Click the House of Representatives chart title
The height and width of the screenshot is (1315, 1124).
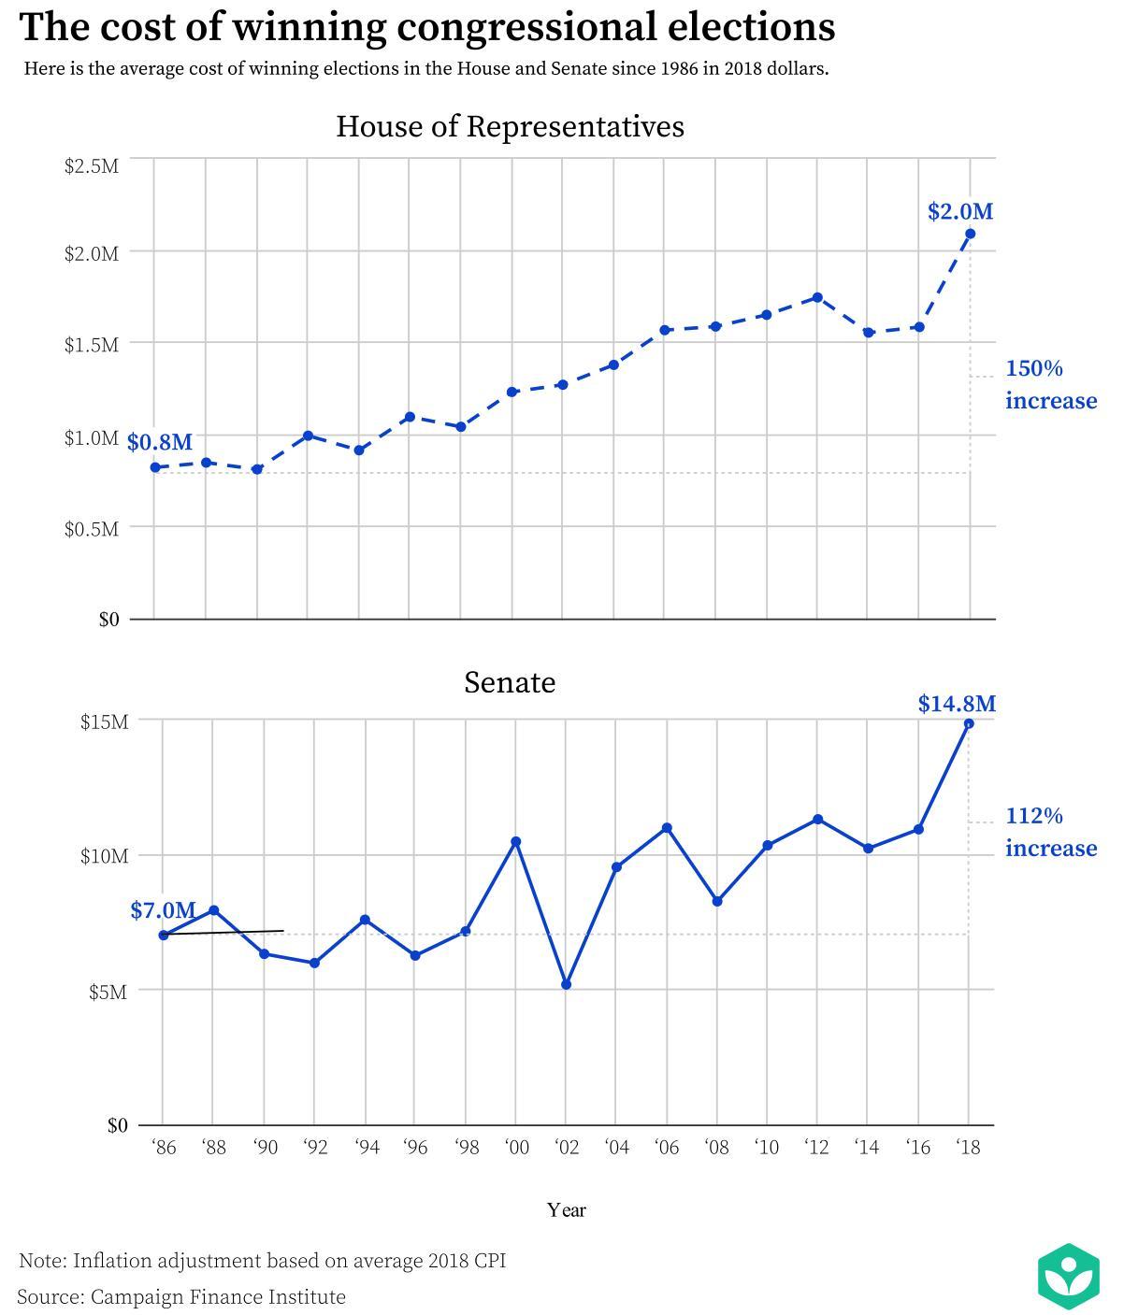tap(510, 126)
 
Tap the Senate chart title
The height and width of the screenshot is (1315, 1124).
tap(510, 682)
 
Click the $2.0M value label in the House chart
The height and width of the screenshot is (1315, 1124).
tap(959, 212)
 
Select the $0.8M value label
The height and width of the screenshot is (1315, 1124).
tap(160, 442)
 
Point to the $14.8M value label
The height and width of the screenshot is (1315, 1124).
tap(957, 704)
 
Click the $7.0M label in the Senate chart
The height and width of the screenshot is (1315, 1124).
tap(163, 910)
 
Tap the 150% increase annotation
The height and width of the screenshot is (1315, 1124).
tap(1050, 384)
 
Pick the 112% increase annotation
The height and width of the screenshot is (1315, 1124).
tap(1050, 832)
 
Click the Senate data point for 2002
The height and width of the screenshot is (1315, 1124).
tap(566, 985)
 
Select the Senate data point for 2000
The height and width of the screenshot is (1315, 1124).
tap(515, 842)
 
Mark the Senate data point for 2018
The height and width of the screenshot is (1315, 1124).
tap(969, 724)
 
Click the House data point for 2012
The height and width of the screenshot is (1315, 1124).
tap(817, 297)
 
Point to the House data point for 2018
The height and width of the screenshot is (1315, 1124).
tap(970, 234)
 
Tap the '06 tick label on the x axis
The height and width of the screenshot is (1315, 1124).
tap(667, 1147)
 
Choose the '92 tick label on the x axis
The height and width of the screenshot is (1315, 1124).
tap(315, 1147)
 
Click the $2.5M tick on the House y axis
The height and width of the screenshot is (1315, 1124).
tap(91, 166)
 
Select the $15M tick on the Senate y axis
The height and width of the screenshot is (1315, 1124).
tap(104, 722)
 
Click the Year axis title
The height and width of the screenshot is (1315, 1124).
tap(567, 1210)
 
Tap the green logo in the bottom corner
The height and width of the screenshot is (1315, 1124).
tap(1068, 1276)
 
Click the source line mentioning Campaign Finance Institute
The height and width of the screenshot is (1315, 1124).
tap(181, 1297)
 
